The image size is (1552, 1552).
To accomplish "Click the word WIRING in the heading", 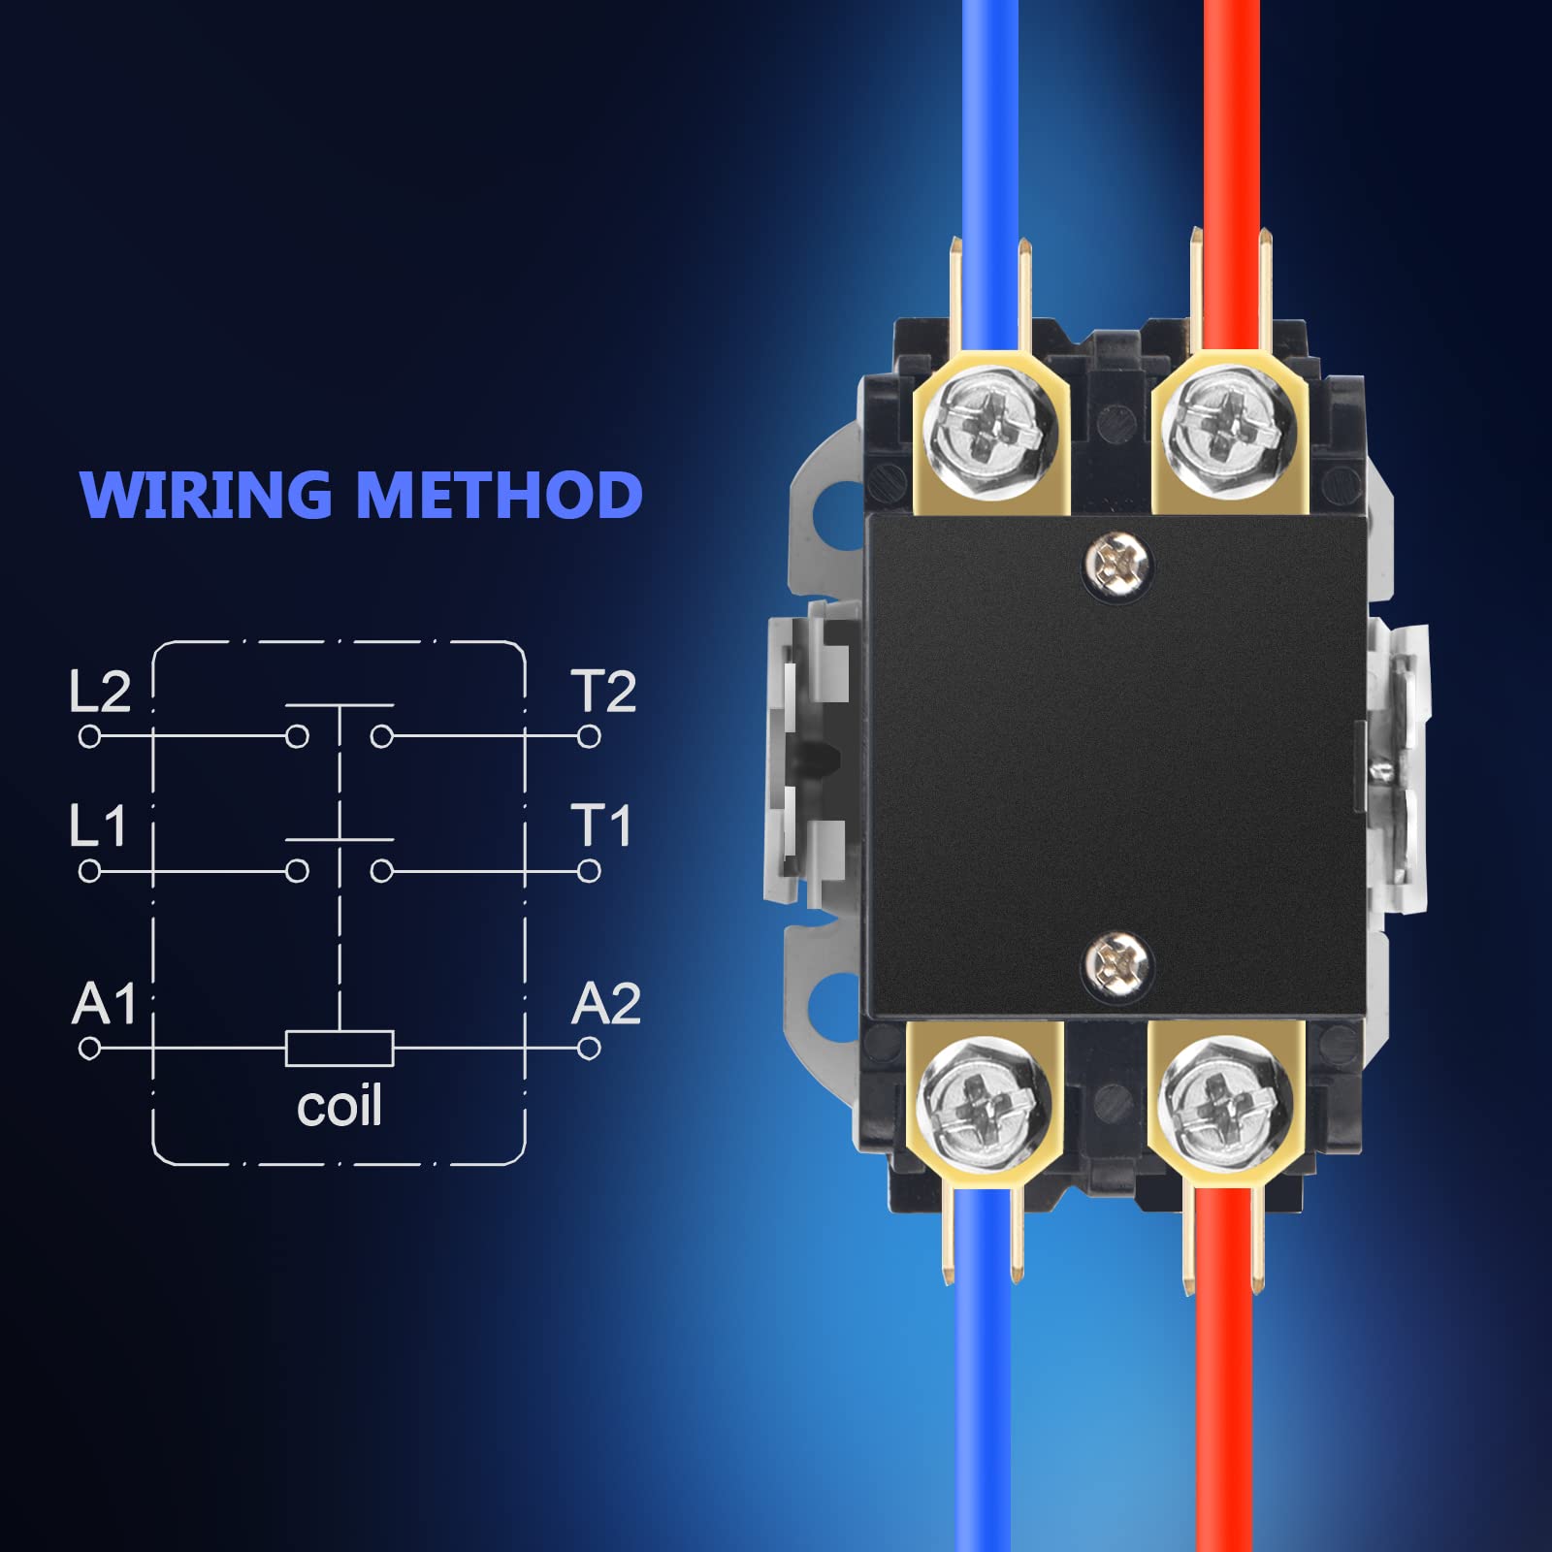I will point(206,495).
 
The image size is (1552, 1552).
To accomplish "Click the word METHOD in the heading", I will point(500,495).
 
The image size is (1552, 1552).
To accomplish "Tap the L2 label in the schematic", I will point(100,692).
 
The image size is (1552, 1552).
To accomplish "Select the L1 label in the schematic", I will point(98,826).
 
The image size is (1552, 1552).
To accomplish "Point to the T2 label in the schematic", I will point(603,692).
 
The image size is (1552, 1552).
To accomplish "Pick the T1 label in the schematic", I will point(601,826).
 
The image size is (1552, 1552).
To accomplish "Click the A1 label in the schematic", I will point(104,1003).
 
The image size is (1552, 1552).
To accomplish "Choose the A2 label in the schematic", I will point(606,1003).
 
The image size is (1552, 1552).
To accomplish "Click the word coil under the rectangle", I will point(339,1106).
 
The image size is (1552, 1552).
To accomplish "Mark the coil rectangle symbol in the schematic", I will point(339,1049).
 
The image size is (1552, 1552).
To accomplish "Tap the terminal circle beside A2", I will point(589,1049).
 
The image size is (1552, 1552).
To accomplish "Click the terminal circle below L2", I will point(89,737).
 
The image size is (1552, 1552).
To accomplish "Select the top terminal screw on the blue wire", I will point(989,432).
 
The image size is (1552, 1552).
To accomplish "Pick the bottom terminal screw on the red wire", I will point(1224,1103).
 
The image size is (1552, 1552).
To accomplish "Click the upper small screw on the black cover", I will point(1117,563).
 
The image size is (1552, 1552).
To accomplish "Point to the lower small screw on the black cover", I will point(1117,964).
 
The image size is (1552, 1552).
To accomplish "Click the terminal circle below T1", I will point(589,872).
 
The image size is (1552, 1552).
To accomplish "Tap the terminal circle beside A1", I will point(89,1049).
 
